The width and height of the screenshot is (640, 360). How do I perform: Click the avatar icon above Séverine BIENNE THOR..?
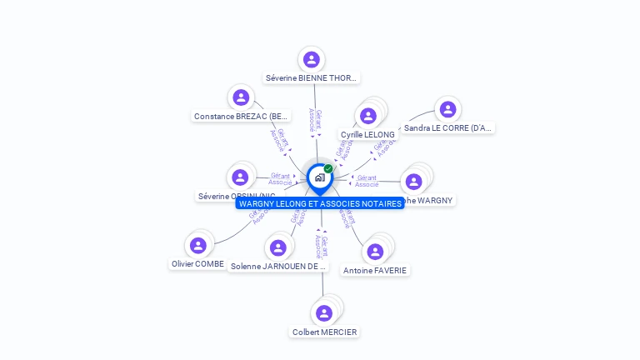pyautogui.click(x=312, y=59)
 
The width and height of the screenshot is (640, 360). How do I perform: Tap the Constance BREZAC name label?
pyautogui.click(x=241, y=117)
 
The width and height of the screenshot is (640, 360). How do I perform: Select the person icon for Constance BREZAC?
pyautogui.click(x=241, y=97)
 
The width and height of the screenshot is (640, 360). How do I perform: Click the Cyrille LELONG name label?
pyautogui.click(x=367, y=134)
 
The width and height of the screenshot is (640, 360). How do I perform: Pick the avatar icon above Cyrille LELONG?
pyautogui.click(x=368, y=116)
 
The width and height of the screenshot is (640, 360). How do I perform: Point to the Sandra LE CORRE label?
pyautogui.click(x=448, y=128)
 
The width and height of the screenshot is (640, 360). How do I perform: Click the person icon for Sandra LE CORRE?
pyautogui.click(x=447, y=109)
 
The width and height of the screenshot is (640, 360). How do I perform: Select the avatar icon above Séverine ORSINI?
pyautogui.click(x=240, y=177)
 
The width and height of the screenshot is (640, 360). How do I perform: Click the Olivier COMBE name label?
pyautogui.click(x=198, y=263)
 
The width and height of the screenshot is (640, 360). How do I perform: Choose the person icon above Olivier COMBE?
pyautogui.click(x=198, y=245)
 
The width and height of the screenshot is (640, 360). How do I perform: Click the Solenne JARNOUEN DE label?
pyautogui.click(x=276, y=267)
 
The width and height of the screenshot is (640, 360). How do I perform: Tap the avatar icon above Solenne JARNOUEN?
pyautogui.click(x=278, y=247)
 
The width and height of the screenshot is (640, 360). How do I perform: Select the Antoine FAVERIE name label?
pyautogui.click(x=375, y=270)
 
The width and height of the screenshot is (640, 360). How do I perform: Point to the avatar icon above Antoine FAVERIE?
pyautogui.click(x=375, y=251)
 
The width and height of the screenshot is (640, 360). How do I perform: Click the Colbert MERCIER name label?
pyautogui.click(x=324, y=332)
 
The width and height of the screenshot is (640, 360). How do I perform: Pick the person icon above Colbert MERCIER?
pyautogui.click(x=324, y=312)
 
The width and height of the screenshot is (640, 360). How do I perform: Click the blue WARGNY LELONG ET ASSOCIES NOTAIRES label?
pyautogui.click(x=320, y=203)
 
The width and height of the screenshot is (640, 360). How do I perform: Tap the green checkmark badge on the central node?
pyautogui.click(x=328, y=169)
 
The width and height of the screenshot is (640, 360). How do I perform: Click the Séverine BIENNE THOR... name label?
pyautogui.click(x=312, y=78)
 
